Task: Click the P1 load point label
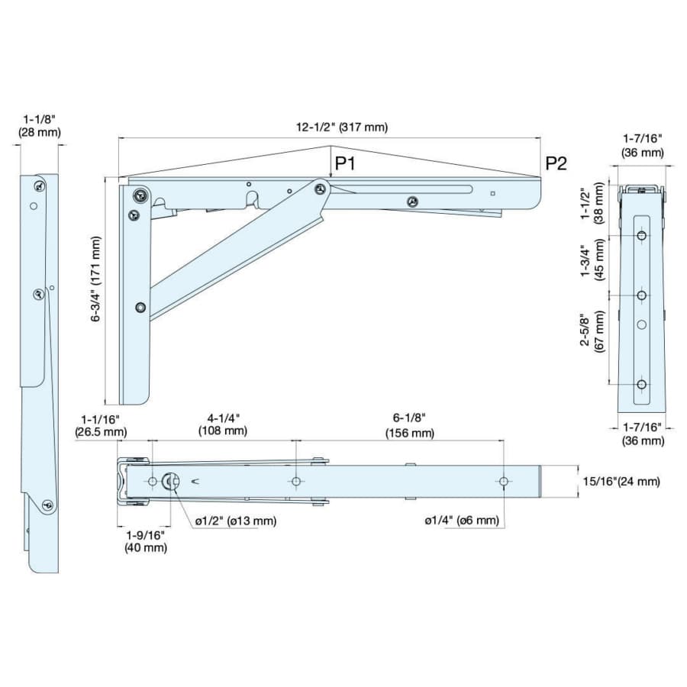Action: click(x=345, y=164)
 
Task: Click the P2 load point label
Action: click(x=556, y=164)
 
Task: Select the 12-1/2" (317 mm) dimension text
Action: click(x=342, y=127)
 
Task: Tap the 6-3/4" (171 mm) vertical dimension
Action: click(x=95, y=279)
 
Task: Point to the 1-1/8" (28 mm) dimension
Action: click(x=40, y=126)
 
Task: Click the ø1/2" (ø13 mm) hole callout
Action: click(x=236, y=521)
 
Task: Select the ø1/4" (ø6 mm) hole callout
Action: click(x=462, y=520)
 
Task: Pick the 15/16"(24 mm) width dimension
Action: click(x=621, y=482)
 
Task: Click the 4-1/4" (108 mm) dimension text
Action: click(x=223, y=424)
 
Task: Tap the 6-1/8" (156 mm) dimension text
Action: click(x=410, y=426)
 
